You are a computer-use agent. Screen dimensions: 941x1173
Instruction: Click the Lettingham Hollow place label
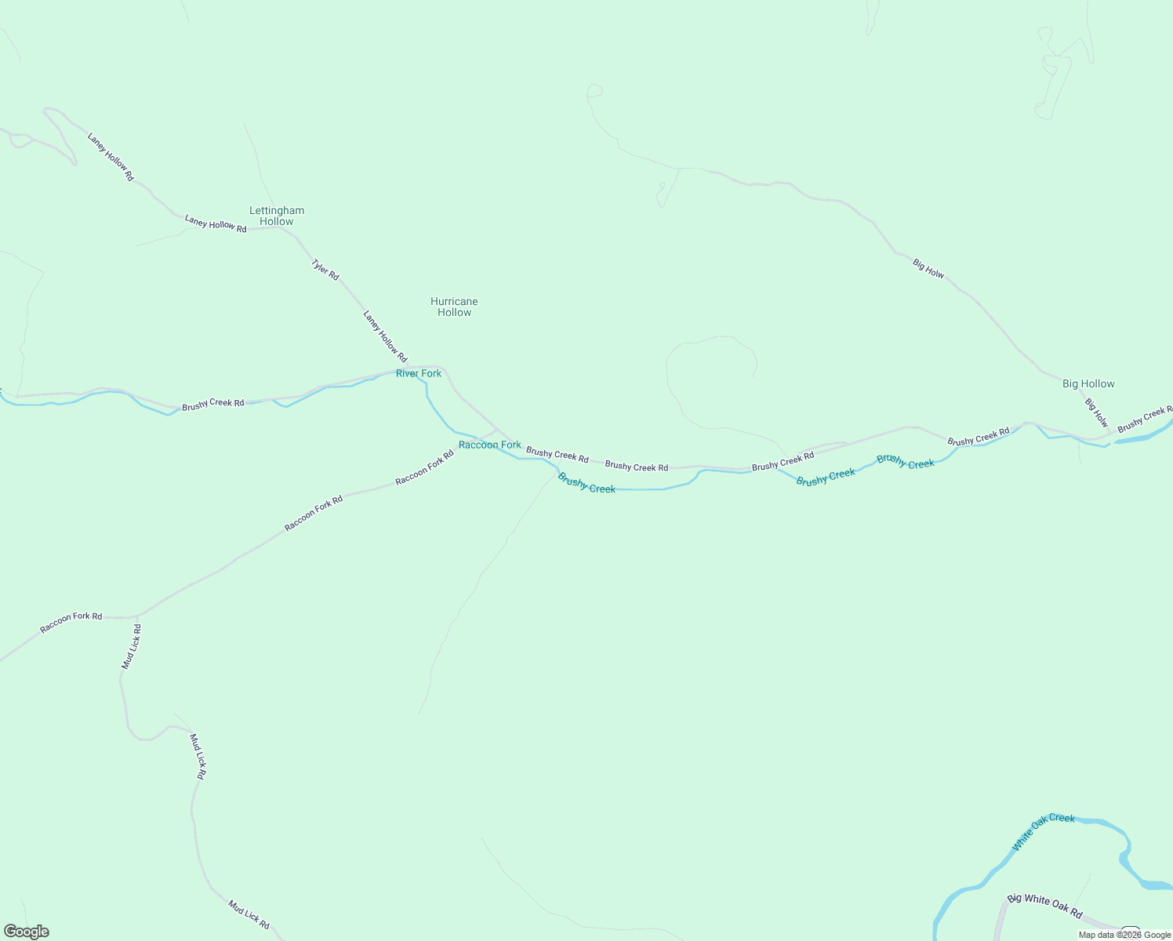[277, 216]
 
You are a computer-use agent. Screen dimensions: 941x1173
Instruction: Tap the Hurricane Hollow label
[454, 307]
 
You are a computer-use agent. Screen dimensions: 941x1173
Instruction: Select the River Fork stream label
[419, 373]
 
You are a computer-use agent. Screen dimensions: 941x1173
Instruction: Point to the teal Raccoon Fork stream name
[489, 445]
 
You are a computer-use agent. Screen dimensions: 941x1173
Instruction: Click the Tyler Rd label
[325, 269]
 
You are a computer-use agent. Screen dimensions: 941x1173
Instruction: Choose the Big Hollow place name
[1088, 383]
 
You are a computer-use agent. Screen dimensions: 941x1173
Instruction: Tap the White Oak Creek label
[1043, 831]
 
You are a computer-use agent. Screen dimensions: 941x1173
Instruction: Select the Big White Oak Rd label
[1044, 906]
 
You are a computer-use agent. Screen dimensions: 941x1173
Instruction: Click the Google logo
[27, 932]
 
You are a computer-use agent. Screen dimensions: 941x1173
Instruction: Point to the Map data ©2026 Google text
[1124, 935]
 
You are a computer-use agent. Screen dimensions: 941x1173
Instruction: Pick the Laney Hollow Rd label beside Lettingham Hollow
[216, 223]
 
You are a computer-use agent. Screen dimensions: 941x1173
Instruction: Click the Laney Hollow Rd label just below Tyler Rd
[385, 336]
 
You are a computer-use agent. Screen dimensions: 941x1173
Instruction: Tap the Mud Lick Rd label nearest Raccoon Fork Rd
[132, 647]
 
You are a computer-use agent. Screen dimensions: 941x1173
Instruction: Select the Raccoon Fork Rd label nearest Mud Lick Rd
[71, 622]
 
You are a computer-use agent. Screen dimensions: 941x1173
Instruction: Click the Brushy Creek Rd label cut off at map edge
[1145, 420]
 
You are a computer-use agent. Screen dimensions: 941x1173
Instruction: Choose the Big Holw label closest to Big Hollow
[1097, 412]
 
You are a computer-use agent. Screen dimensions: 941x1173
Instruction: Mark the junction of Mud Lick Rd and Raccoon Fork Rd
[138, 617]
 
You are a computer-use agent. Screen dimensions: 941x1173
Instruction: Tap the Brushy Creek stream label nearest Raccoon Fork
[586, 482]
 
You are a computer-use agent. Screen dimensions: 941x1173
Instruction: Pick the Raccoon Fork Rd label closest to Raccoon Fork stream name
[424, 467]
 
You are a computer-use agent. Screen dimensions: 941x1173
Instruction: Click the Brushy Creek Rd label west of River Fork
[212, 404]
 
